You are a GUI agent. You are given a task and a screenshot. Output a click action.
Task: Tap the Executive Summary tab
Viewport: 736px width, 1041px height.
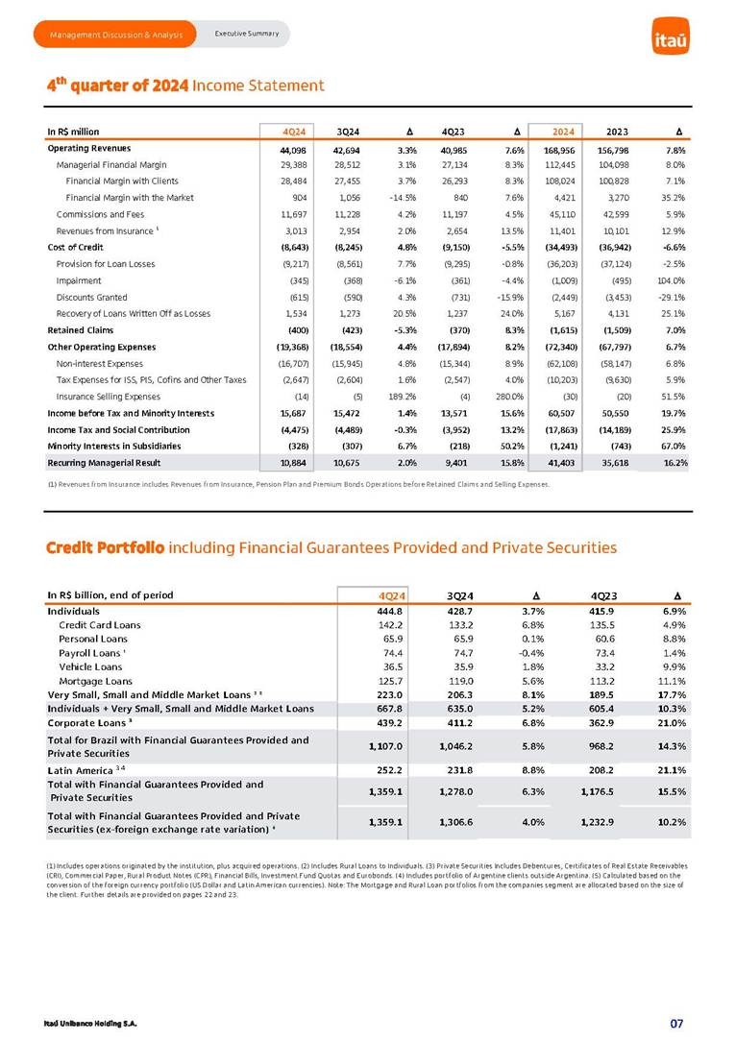[246, 35]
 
